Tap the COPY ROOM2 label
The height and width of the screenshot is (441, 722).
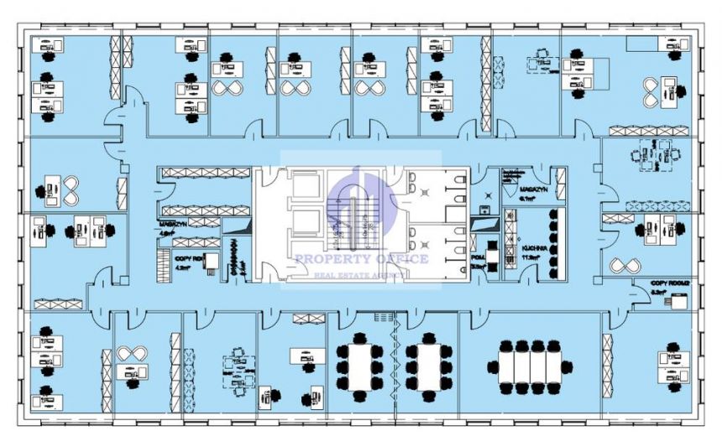tap(669, 284)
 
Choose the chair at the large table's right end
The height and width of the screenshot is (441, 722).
tap(568, 366)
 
